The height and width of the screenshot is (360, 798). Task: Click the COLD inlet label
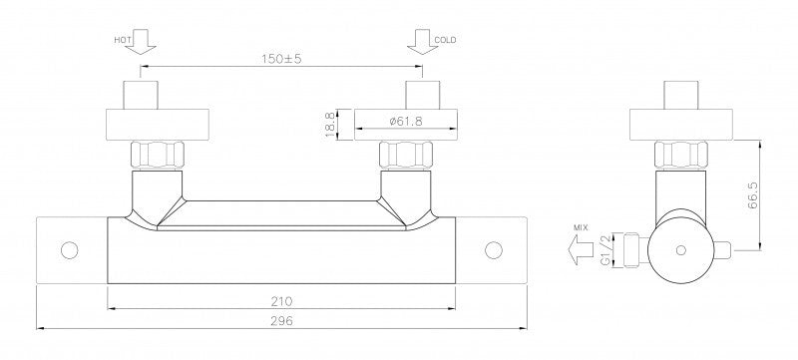click(x=445, y=40)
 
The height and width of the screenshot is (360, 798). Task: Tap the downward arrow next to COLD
click(x=419, y=42)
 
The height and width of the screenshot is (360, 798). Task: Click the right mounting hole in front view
click(x=492, y=248)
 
